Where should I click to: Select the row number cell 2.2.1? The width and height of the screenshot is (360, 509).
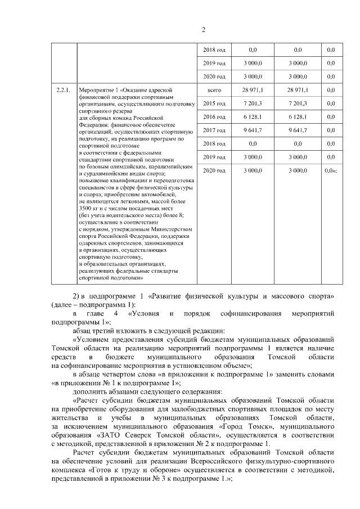pyautogui.click(x=63, y=90)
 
